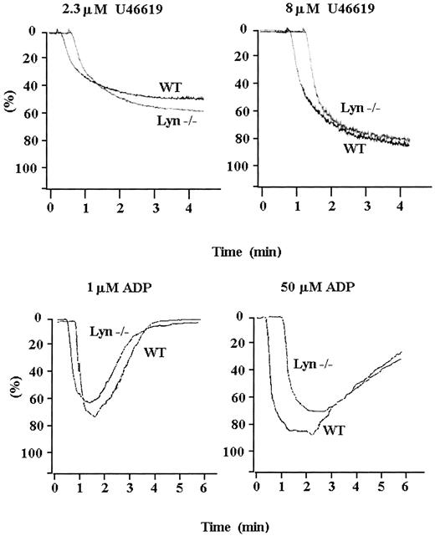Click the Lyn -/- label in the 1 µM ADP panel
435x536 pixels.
pos(110,332)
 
